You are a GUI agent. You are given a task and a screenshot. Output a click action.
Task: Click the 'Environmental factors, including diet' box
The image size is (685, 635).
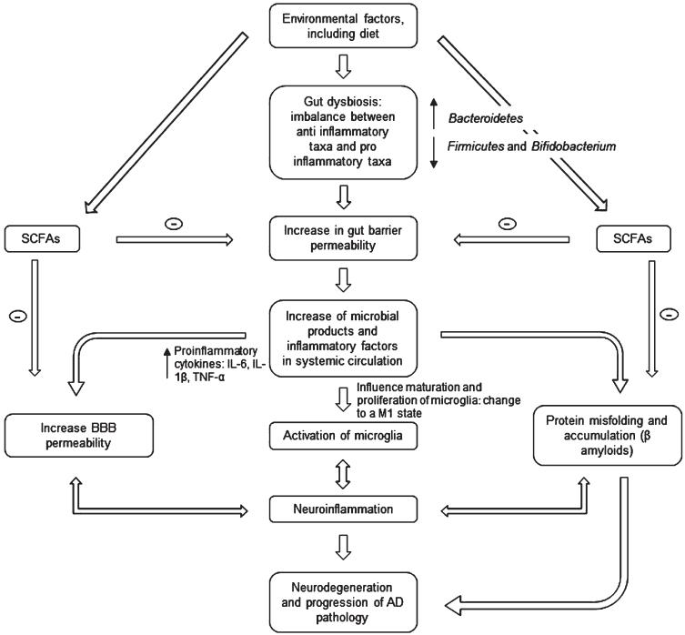(343, 25)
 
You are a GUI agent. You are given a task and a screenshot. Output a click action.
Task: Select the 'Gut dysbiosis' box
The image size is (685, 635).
(343, 133)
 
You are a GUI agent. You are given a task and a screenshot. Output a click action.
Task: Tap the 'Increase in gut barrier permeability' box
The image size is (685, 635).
(343, 238)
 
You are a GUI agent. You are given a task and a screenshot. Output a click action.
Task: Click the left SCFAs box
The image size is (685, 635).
(42, 238)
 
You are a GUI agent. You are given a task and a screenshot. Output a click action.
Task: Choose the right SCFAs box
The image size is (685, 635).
(633, 238)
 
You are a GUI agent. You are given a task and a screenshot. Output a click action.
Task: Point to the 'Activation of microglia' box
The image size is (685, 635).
(343, 436)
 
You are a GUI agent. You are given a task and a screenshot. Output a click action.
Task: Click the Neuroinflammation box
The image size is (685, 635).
(343, 509)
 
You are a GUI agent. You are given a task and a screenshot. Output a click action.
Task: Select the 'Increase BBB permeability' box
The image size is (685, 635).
(78, 436)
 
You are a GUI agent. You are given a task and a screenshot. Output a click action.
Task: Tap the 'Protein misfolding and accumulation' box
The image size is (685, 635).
(608, 435)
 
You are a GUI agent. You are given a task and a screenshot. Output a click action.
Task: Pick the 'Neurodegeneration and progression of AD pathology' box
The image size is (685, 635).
(343, 602)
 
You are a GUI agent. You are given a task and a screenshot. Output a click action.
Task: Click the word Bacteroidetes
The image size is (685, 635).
(486, 118)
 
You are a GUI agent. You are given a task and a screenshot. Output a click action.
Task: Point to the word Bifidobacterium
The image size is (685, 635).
(574, 146)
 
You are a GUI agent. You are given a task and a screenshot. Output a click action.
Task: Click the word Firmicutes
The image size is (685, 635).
(476, 146)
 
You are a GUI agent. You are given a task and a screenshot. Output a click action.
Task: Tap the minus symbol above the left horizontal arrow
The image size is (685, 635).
(174, 224)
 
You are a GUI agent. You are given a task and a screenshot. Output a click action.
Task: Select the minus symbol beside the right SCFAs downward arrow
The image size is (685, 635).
(670, 314)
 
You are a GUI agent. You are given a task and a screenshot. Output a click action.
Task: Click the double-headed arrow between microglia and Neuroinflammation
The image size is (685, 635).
(343, 473)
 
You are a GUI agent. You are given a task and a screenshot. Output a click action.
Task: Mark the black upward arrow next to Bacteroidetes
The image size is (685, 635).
(433, 113)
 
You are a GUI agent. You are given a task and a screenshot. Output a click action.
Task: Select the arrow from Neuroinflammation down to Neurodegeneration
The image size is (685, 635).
(343, 546)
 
